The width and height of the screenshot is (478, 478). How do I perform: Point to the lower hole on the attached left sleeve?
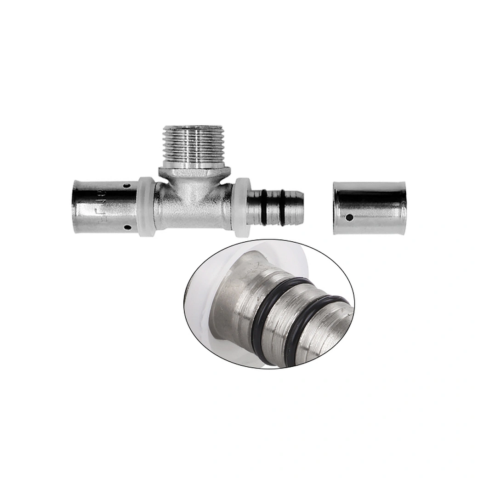127,227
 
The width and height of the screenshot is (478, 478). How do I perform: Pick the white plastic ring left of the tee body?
147,206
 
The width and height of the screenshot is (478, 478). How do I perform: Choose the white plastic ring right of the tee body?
241,207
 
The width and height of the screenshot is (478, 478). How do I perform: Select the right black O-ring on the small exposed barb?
284,205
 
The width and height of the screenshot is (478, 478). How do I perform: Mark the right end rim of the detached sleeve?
403,208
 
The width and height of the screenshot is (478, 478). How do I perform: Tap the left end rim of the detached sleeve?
336,208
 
